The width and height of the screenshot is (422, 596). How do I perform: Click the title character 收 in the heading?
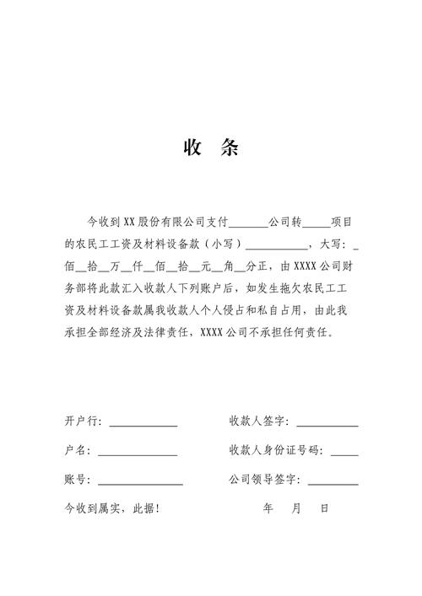(191, 149)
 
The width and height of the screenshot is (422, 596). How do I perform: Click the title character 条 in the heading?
(229, 149)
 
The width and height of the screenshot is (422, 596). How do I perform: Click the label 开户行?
(82, 421)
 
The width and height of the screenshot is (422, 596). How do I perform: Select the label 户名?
(76, 450)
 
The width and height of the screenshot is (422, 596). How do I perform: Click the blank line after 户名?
(138, 454)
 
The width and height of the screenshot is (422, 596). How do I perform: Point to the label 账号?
(76, 480)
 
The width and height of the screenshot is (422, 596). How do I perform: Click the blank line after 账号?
(140, 483)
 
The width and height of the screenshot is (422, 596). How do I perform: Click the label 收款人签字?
(258, 421)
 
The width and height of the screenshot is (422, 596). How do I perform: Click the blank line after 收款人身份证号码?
(344, 454)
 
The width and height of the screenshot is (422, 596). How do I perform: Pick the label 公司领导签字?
(264, 480)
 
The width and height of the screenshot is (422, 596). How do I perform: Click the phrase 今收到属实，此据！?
(111, 509)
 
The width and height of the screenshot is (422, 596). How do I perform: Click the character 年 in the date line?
(268, 509)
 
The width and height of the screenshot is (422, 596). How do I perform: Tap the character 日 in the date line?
(325, 509)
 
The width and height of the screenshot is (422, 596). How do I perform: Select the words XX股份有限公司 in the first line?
(160, 223)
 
